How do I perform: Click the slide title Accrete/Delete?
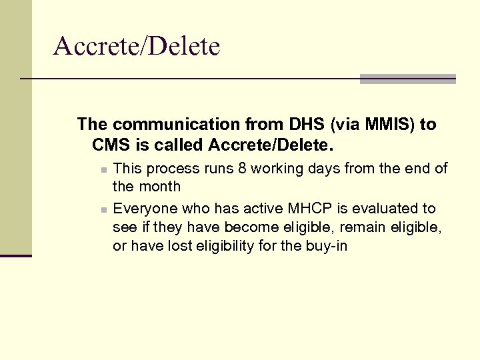137,47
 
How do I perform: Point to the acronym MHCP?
285,209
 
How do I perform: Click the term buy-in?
327,246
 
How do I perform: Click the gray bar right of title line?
407,79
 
